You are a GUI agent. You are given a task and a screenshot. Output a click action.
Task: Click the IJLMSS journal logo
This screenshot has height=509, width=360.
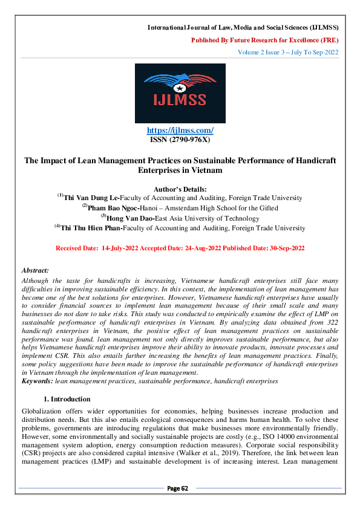pos(180,94)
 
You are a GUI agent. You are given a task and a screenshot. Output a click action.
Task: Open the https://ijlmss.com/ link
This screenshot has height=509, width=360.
pos(180,131)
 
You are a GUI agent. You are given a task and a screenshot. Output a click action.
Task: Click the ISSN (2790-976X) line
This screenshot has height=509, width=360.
pos(180,140)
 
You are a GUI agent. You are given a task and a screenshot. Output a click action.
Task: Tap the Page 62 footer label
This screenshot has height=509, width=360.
pos(180,488)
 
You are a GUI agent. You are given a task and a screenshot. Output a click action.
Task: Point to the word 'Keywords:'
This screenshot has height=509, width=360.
pos(37,381)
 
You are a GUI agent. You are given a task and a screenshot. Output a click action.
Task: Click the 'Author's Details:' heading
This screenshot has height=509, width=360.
pos(180,188)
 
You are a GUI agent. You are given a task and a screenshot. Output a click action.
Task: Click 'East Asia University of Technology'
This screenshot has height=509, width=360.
pos(191,218)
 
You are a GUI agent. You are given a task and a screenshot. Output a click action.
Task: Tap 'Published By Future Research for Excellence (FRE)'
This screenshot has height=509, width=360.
pos(264,40)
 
